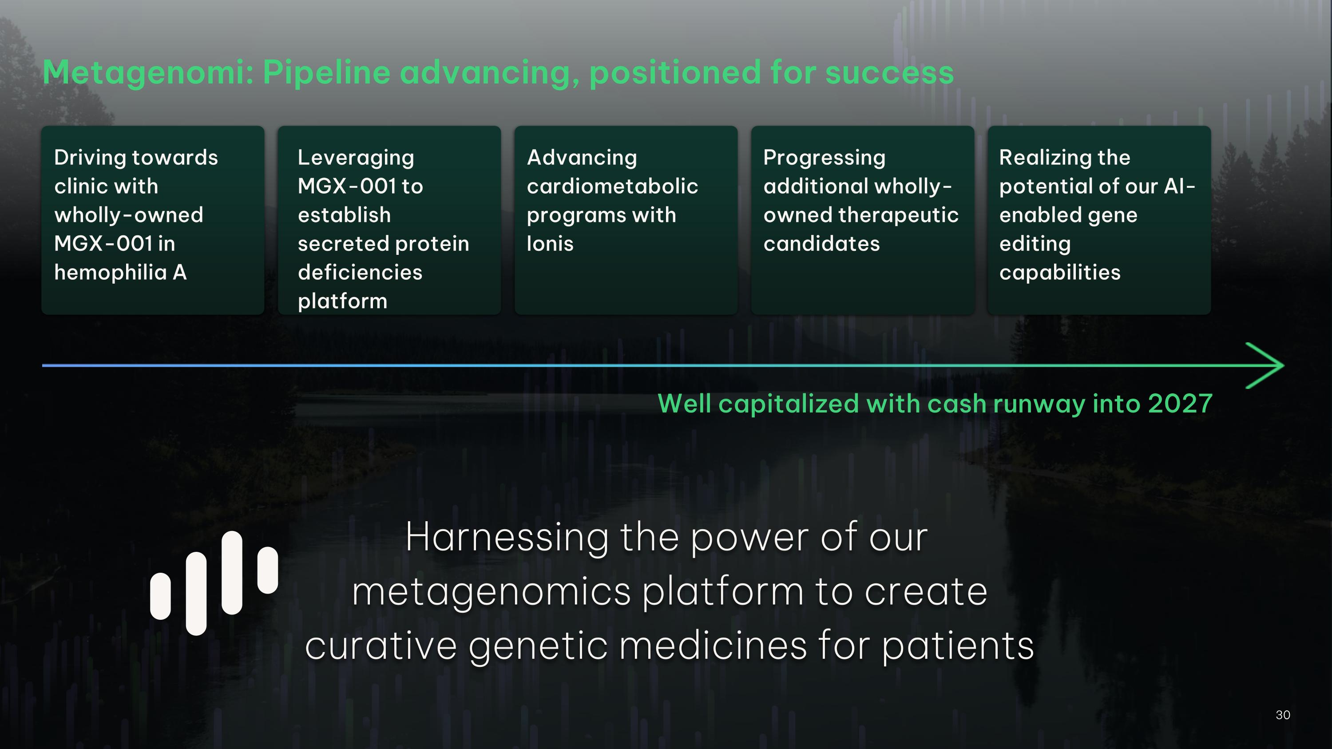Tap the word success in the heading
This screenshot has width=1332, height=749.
889,72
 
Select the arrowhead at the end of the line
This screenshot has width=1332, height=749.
1267,365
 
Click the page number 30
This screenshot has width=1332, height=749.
1283,715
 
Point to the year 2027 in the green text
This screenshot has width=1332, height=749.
1180,403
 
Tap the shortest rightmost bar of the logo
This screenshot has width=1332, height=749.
267,570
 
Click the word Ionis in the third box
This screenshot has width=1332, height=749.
550,243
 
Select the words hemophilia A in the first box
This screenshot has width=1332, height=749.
120,273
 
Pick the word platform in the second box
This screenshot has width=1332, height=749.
342,301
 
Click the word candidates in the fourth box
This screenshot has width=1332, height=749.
821,243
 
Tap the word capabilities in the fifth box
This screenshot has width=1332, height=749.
1059,273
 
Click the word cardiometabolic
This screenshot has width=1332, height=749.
612,186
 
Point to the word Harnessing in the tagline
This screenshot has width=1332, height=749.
507,538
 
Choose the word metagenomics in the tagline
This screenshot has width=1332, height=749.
491,592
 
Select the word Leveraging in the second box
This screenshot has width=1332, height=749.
356,158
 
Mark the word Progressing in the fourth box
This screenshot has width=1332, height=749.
824,158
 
